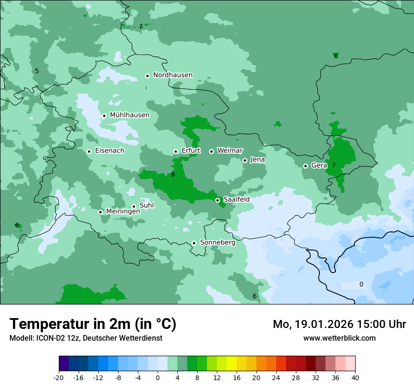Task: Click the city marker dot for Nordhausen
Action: [x=147, y=76]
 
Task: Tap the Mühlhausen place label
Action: [x=129, y=115]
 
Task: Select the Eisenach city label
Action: [x=110, y=151]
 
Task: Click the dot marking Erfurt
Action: [x=175, y=151]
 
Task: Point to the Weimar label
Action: [x=230, y=150]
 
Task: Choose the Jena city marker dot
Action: [x=245, y=160]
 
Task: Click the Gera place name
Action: [x=318, y=165]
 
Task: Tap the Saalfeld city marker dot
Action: [x=217, y=200]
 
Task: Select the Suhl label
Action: [x=146, y=205]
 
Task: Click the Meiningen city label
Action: [x=123, y=211]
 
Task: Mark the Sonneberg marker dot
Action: [x=194, y=243]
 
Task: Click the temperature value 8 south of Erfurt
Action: [x=173, y=175]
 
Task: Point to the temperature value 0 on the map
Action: [x=361, y=284]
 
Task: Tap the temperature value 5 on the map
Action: [x=37, y=71]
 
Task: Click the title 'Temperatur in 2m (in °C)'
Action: [x=93, y=324]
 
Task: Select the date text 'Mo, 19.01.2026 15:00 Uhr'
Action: [x=339, y=324]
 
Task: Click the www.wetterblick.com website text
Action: [x=339, y=338]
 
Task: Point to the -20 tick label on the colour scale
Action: [x=59, y=378]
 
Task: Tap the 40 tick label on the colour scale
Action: [x=355, y=378]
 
